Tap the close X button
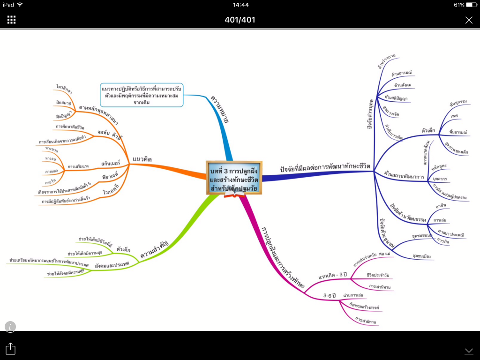click(x=469, y=20)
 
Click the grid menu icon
click(x=12, y=20)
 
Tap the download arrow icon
click(x=468, y=348)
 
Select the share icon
click(x=11, y=348)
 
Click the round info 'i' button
click(x=10, y=327)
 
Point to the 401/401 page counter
click(x=240, y=20)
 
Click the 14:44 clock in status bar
click(x=240, y=5)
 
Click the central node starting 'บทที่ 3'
click(x=234, y=177)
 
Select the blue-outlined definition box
click(x=142, y=95)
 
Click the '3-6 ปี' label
click(x=330, y=295)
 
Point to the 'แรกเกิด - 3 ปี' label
click(x=332, y=275)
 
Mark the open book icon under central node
click(x=234, y=194)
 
